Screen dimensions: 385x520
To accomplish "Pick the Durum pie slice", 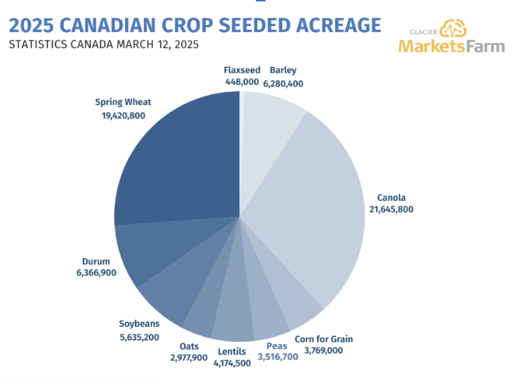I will (149, 250).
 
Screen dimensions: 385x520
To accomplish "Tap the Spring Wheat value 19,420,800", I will (123, 115).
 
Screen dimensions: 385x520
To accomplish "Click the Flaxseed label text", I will (242, 70).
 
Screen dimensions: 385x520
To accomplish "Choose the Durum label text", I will (96, 261).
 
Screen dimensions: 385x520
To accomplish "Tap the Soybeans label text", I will (139, 323).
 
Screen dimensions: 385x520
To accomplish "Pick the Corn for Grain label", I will (323, 339).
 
